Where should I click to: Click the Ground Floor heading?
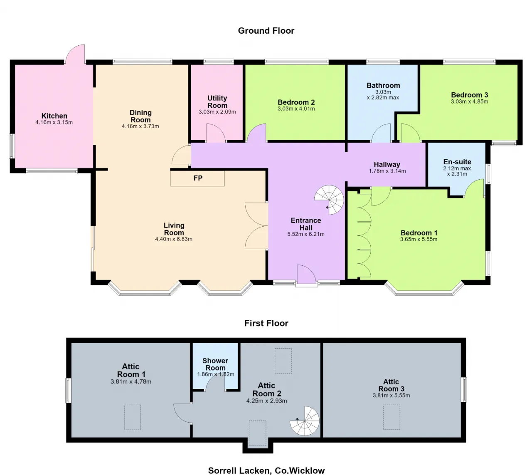[266, 31]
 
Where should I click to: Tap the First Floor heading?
[266, 323]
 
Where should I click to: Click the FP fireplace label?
[198, 178]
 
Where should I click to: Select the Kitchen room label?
[54, 116]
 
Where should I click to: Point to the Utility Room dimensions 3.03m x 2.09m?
[217, 112]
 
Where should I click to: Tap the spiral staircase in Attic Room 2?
[305, 421]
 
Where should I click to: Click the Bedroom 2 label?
[296, 102]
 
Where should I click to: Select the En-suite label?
[457, 162]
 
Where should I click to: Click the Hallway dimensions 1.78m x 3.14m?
[387, 171]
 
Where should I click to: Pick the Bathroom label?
[383, 85]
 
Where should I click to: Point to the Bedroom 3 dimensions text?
[470, 101]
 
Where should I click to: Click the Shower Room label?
[215, 364]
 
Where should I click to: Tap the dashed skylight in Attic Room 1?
[133, 417]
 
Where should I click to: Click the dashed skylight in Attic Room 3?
[392, 417]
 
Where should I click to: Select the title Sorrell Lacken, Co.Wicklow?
[266, 470]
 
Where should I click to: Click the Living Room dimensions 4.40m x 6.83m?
[174, 239]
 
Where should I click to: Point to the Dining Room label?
[140, 116]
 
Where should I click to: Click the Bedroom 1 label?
[419, 233]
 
